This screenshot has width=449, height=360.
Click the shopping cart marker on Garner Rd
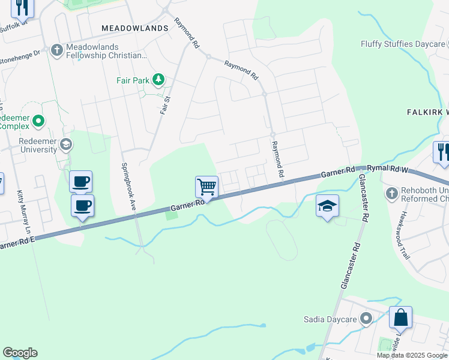206,187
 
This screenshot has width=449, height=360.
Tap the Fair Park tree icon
158,79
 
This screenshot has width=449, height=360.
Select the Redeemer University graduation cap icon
66,144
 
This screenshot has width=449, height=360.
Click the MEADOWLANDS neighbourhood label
134,28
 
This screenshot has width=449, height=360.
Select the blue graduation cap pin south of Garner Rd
327,206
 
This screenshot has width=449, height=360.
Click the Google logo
20,353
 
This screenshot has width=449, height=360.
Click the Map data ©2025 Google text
412,355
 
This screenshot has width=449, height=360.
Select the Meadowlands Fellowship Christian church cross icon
57,50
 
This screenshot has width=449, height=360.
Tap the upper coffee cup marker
80,181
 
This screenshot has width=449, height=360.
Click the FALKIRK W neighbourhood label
428,112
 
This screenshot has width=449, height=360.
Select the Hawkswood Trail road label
405,235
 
